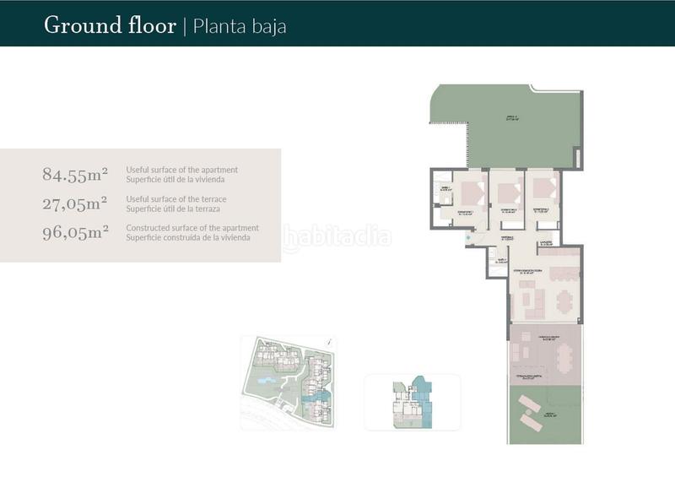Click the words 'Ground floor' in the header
click(x=110, y=25)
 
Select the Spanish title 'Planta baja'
click(x=240, y=26)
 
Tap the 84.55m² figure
click(x=75, y=175)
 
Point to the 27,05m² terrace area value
click(x=75, y=203)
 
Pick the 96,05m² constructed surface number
click(x=75, y=232)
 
